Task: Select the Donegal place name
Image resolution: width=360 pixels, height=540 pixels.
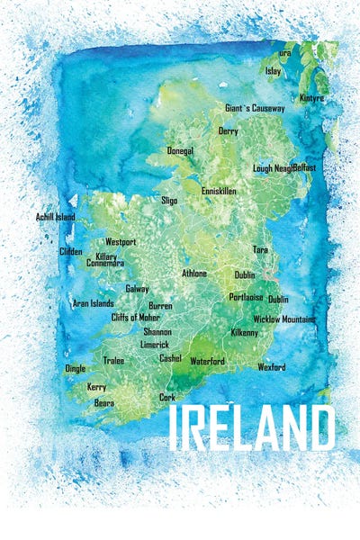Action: tap(180, 151)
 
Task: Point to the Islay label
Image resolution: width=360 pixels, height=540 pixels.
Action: tap(274, 70)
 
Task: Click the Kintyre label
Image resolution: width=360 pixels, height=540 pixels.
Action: tap(312, 97)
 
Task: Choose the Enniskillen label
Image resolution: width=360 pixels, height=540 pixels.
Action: tap(221, 191)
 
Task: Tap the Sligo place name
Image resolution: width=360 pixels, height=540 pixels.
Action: tap(169, 200)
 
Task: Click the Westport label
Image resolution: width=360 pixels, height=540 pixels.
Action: tap(121, 242)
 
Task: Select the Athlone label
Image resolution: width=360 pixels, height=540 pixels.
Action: tap(194, 273)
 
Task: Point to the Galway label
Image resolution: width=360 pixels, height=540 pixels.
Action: tap(137, 289)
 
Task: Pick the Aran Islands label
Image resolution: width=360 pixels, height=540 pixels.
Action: tap(93, 303)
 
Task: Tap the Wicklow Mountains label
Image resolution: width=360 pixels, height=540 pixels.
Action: tap(284, 319)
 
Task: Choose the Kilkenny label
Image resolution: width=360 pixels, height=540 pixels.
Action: tap(244, 332)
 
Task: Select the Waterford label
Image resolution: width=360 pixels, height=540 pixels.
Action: tap(207, 361)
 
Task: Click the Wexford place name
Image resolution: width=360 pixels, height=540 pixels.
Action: tap(271, 367)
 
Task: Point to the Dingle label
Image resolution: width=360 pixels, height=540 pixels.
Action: tap(76, 368)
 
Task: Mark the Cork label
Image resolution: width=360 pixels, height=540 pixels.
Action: tap(167, 397)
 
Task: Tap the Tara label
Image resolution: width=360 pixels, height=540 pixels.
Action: tap(260, 249)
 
